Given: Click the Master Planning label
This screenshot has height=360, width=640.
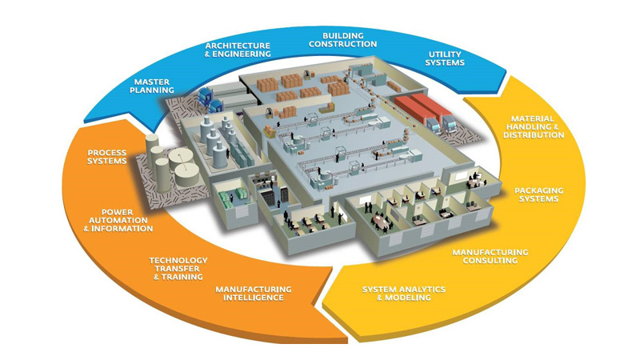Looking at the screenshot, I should click(x=154, y=86).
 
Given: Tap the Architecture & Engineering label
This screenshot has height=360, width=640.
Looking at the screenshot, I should click(x=238, y=49).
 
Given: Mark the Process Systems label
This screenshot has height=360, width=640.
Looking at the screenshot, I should click(x=108, y=157).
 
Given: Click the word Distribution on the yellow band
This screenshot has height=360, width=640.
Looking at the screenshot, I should click(x=534, y=135).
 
